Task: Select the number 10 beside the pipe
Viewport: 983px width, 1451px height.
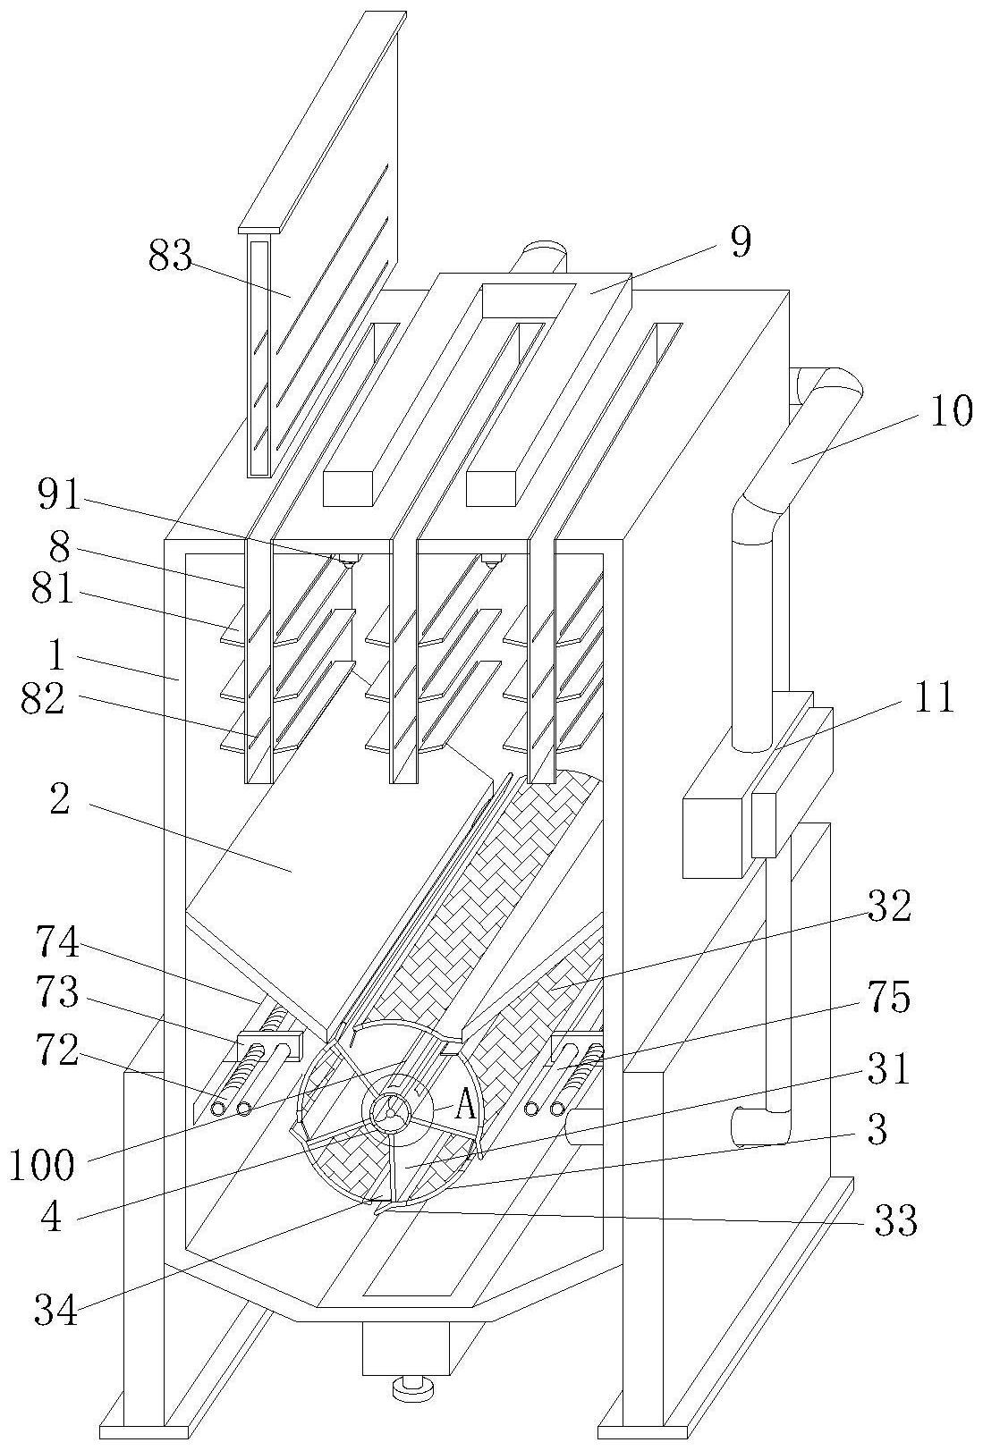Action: pos(952,410)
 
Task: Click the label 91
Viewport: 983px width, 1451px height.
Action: pos(58,496)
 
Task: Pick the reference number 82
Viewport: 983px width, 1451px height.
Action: pos(42,700)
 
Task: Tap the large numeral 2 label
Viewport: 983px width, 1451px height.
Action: pos(60,801)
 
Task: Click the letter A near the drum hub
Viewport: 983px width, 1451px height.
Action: pos(464,1107)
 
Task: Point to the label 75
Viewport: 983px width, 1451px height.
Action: pos(891,997)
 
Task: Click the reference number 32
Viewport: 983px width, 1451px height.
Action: pos(890,907)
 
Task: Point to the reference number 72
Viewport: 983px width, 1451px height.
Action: pos(57,1051)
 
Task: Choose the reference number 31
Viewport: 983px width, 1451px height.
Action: pos(889,1069)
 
